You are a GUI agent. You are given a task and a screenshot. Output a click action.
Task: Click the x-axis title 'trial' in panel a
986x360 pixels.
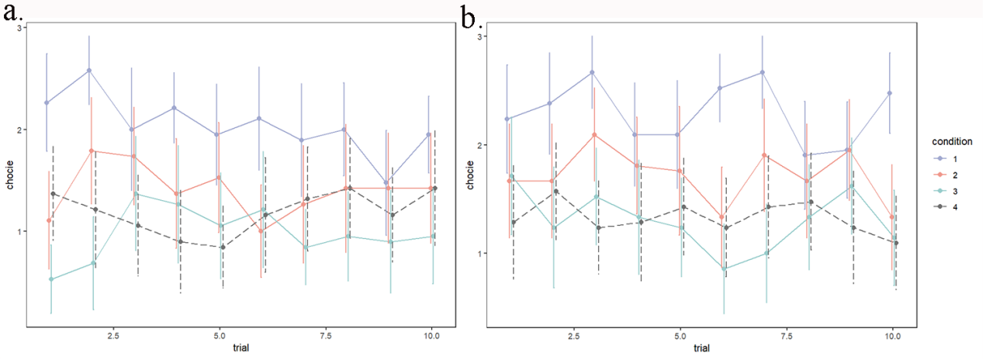point(240,348)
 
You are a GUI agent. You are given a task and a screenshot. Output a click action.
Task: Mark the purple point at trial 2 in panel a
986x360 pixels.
point(89,71)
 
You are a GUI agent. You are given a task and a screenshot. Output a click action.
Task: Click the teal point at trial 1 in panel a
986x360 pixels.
point(51,279)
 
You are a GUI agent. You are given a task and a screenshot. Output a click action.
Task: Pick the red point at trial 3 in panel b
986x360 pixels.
point(593,135)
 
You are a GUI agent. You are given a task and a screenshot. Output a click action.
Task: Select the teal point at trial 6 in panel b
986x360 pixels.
point(725,269)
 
